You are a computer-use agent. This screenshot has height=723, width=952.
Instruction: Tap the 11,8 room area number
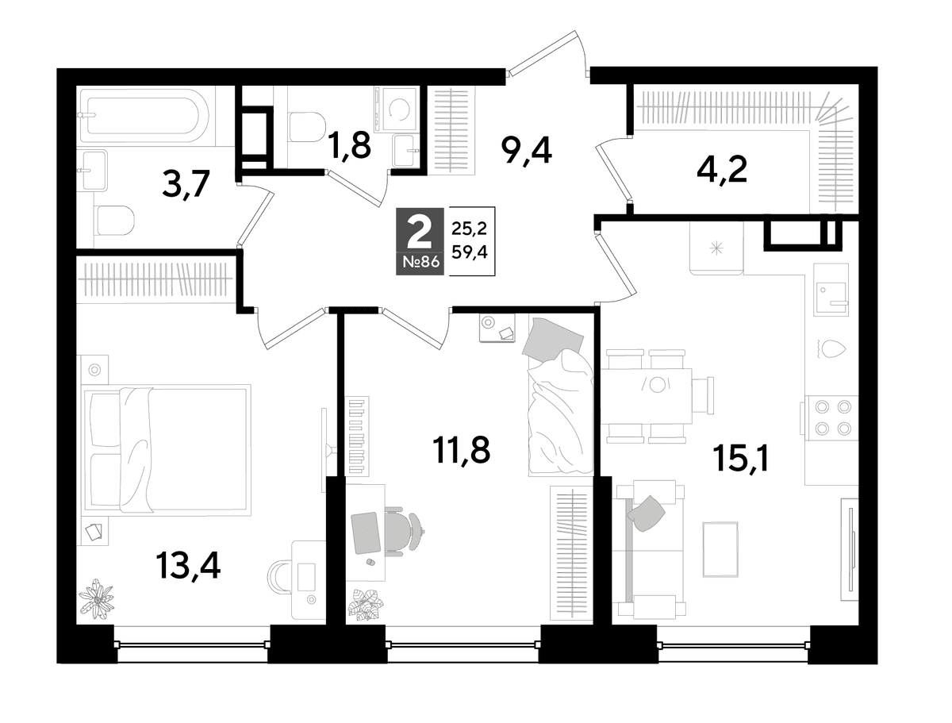pyautogui.click(x=461, y=450)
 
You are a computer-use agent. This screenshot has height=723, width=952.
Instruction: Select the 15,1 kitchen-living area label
pyautogui.click(x=741, y=459)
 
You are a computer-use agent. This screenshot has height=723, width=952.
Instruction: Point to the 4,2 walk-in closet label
pyautogui.click(x=722, y=170)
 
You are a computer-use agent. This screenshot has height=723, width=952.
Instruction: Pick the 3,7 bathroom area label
pyautogui.click(x=186, y=184)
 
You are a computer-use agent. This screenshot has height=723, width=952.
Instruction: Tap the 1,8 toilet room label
pyautogui.click(x=349, y=145)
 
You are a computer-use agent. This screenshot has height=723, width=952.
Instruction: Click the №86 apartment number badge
pyautogui.click(x=420, y=262)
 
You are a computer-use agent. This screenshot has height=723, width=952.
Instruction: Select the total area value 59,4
pyautogui.click(x=470, y=251)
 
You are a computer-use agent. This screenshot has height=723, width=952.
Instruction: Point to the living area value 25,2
pyautogui.click(x=470, y=228)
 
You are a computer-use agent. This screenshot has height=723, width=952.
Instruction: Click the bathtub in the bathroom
pyautogui.click(x=145, y=115)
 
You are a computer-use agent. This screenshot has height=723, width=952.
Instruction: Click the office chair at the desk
pyautogui.click(x=403, y=530)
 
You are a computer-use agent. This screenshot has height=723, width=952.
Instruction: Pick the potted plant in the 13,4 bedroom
pyautogui.click(x=96, y=598)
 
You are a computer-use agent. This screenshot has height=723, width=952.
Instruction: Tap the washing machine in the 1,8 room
pyautogui.click(x=397, y=109)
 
